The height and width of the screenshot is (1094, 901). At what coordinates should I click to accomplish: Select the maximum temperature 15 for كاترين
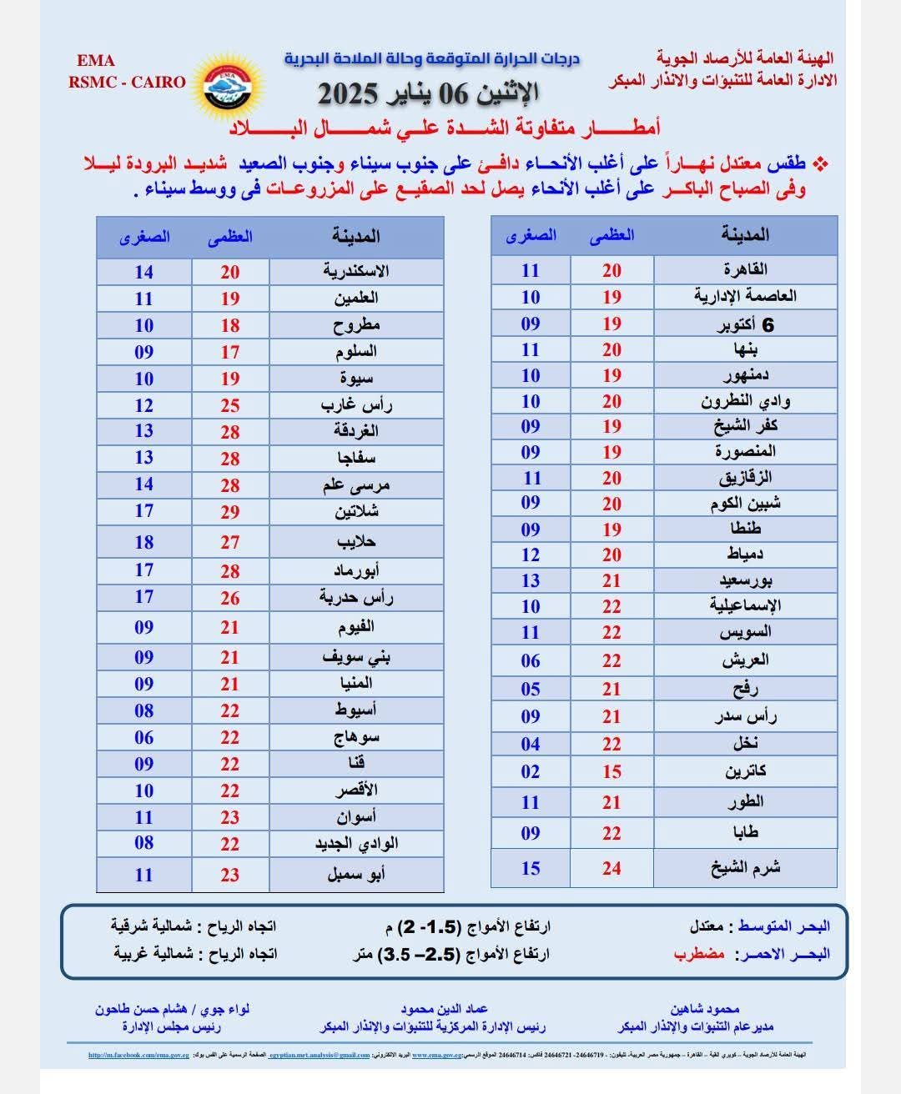coord(612,771)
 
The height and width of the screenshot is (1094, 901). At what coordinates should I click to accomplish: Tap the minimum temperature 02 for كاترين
coord(531,771)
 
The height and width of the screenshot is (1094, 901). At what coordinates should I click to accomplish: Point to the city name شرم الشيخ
coord(745,868)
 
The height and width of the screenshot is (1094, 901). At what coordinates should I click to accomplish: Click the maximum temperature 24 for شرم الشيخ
coord(612,868)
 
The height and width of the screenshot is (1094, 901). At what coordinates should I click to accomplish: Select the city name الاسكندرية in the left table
coord(356,271)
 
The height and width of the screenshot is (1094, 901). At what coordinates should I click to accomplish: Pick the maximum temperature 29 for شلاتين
coord(230,512)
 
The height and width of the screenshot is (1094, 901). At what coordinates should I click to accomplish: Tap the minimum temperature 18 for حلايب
coord(144,542)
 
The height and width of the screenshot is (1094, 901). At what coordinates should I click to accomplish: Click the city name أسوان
coord(356,817)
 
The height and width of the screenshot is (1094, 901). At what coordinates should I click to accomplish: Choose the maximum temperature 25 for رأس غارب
coord(230,405)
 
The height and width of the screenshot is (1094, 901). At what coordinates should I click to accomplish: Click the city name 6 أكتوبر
coord(745,324)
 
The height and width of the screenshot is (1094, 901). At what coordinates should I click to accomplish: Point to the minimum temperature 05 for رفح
coord(531,689)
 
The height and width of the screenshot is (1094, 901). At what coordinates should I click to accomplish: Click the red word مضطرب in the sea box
coord(699,954)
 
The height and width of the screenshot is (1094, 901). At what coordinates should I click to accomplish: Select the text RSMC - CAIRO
coord(128,82)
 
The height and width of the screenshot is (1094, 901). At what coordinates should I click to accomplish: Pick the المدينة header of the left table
coord(356,236)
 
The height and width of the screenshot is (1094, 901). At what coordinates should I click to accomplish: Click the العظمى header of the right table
coord(612,235)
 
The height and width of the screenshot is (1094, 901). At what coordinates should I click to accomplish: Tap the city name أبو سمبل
coord(356,875)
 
